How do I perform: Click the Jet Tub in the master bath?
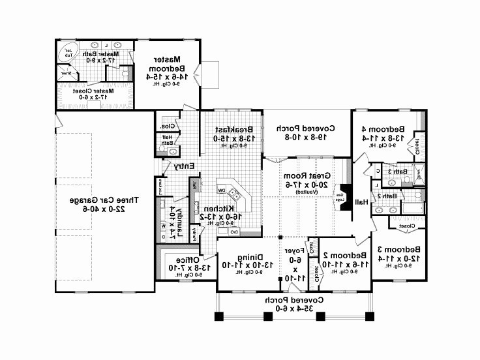67,53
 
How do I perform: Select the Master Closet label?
95,91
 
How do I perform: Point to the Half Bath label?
167,138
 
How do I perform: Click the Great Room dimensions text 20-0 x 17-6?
305,185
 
